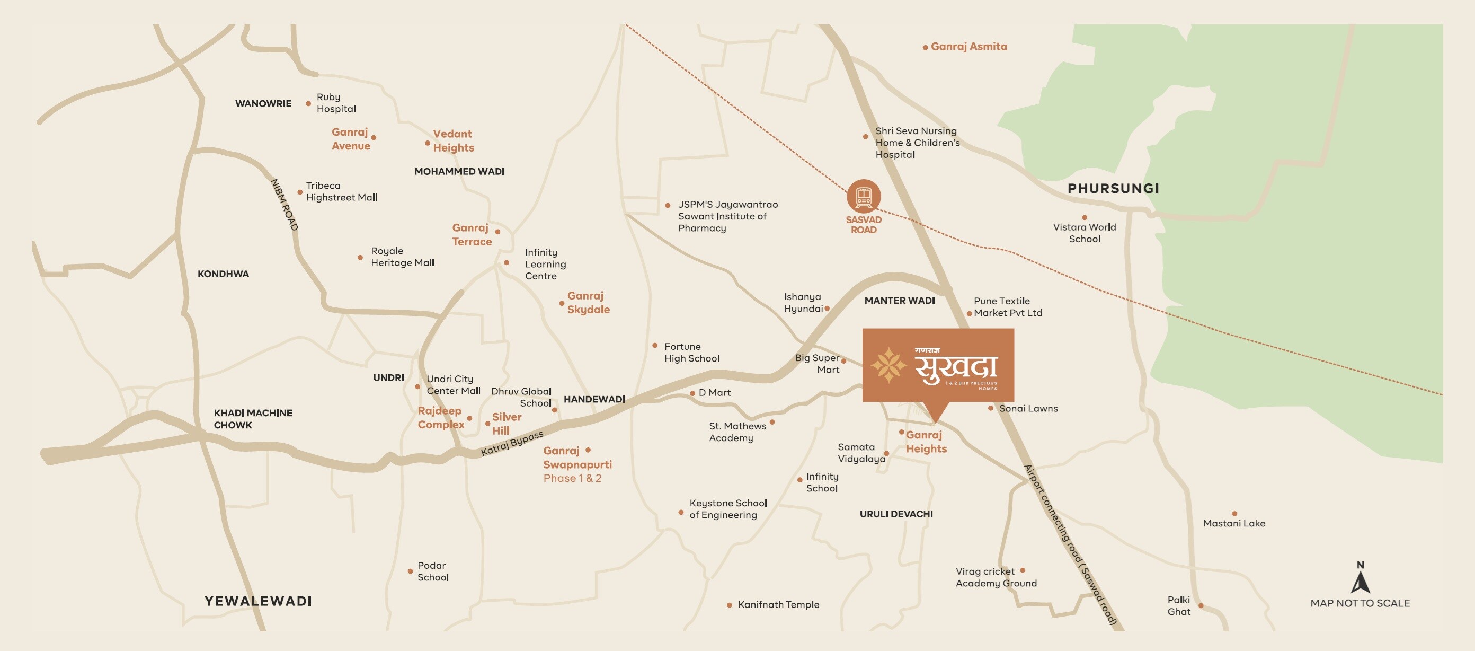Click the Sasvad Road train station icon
(864, 196)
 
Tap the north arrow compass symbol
(1360, 580)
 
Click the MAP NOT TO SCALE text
(1360, 603)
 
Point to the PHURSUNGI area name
(1113, 189)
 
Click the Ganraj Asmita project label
(968, 47)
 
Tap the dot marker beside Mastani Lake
(1234, 514)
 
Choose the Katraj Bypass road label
(511, 444)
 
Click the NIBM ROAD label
(285, 205)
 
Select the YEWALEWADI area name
(258, 601)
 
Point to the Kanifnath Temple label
(778, 604)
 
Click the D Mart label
(714, 392)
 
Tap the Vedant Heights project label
(453, 140)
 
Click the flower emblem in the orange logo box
(888, 365)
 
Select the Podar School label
(433, 571)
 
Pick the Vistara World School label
(1084, 233)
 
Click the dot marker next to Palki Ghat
(1201, 605)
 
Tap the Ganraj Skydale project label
(588, 303)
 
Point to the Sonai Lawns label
(1028, 409)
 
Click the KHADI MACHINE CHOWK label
(253, 419)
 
